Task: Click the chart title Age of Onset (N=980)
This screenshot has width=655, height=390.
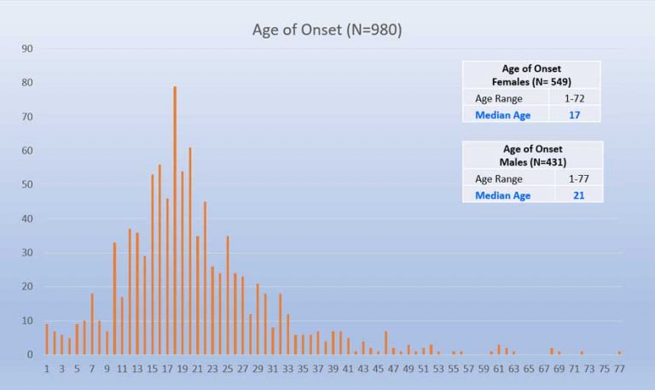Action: (327, 30)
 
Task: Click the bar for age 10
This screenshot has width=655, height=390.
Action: (114, 299)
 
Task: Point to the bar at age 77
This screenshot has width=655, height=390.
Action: (619, 352)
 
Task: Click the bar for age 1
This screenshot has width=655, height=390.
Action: (47, 340)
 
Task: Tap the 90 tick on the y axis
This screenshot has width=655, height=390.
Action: (26, 49)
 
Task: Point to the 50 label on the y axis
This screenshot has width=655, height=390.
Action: (26, 184)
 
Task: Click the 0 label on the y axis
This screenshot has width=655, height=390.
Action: (29, 354)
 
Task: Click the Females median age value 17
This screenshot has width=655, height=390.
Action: (574, 114)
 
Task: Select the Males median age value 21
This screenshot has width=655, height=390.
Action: (575, 195)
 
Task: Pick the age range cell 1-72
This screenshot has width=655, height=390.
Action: (574, 97)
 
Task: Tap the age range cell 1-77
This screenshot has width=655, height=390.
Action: (575, 178)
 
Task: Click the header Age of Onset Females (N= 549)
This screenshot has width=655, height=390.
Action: (531, 75)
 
